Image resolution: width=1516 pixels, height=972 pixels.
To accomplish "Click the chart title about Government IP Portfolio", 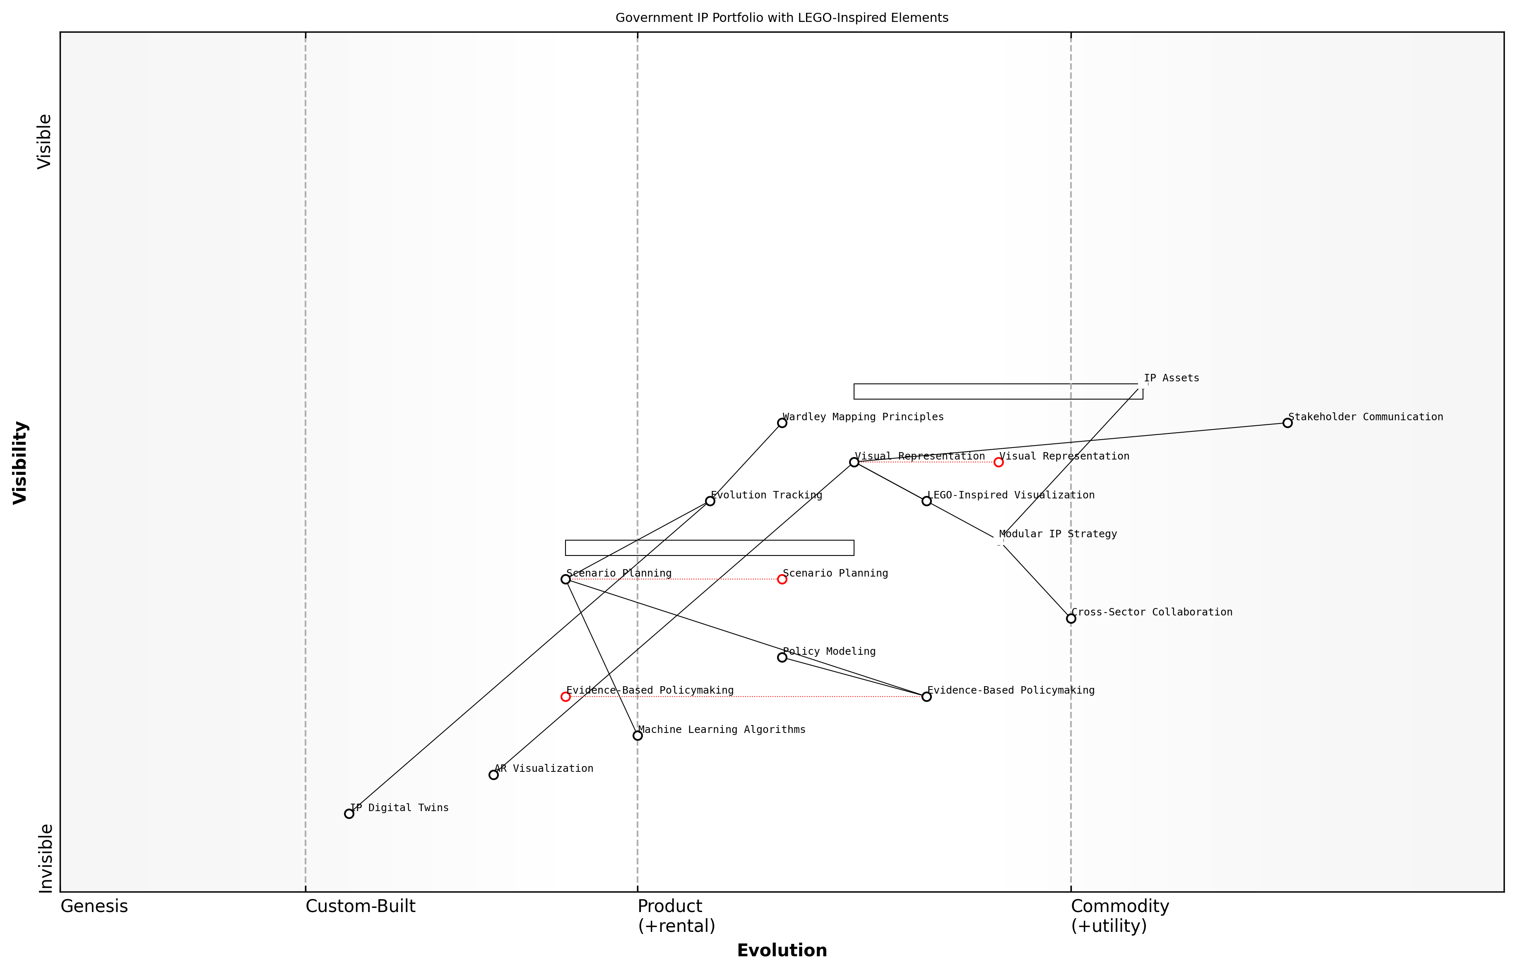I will point(781,18).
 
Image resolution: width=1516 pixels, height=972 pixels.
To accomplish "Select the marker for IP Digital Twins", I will point(349,814).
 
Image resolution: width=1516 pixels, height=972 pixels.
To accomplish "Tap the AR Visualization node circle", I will point(493,774).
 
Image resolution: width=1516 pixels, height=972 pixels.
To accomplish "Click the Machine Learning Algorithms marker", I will point(638,735).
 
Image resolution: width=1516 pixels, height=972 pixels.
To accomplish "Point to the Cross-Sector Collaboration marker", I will point(1071,618).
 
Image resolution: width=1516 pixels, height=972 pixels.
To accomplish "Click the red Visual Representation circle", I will point(998,462).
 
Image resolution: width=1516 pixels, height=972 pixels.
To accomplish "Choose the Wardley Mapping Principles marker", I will point(782,423).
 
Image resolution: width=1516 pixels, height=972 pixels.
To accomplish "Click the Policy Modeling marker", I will point(782,657).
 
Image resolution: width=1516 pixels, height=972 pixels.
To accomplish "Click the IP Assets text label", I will point(1171,378).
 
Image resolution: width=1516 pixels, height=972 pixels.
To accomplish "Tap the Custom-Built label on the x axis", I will point(360,906).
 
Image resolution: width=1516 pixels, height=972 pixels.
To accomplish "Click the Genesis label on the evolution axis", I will point(94,906).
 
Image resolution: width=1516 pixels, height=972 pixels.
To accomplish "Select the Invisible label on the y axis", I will point(45,858).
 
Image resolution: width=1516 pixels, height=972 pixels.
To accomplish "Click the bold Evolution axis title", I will point(781,950).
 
